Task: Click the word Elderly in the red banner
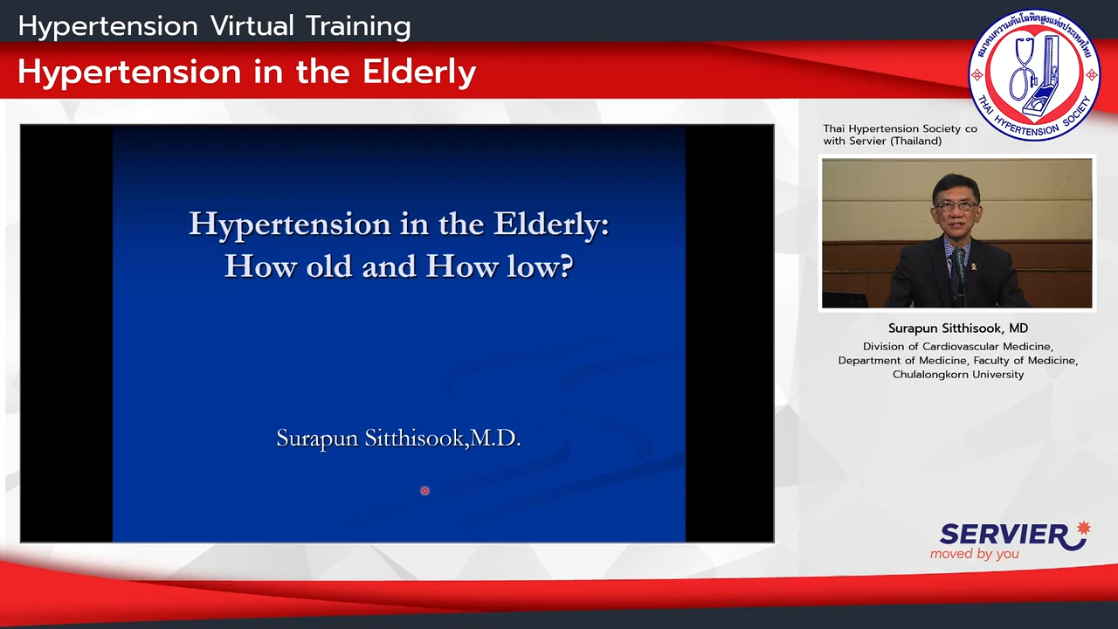[x=419, y=72]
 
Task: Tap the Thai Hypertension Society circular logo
[x=1034, y=75]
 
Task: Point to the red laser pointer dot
[x=424, y=491]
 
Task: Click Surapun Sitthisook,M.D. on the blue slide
[x=399, y=439]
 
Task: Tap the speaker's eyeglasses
[x=956, y=205]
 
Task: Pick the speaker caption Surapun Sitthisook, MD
[x=958, y=328]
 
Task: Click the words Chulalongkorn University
[x=958, y=375]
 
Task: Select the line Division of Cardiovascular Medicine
[x=958, y=347]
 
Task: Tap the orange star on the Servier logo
[x=1084, y=529]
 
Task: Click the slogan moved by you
[x=974, y=554]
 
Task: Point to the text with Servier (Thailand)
[x=882, y=141]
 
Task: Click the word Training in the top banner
[x=358, y=26]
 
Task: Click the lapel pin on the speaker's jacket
[x=974, y=266]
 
